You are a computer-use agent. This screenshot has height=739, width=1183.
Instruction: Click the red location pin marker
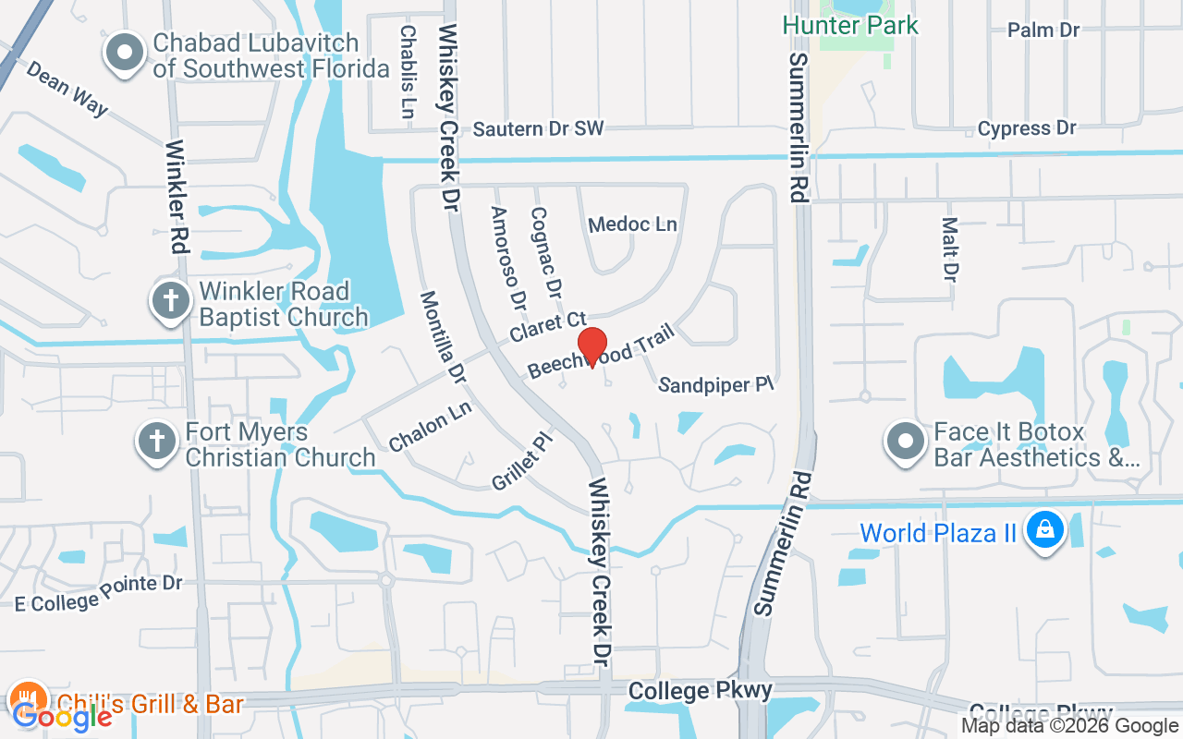591,347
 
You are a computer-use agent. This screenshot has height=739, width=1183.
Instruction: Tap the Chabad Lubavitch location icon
125,55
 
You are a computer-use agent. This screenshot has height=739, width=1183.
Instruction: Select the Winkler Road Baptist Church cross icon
171,303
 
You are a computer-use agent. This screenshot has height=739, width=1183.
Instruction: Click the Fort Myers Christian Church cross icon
157,443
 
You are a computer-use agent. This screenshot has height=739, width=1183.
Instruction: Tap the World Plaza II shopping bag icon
1044,532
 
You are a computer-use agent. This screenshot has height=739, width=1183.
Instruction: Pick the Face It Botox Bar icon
906,443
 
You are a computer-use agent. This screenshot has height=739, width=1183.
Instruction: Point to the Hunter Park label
850,25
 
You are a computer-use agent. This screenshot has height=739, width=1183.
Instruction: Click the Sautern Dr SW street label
538,128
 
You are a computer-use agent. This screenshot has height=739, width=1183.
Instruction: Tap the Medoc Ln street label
632,224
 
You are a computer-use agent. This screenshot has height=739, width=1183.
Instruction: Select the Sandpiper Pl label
715,384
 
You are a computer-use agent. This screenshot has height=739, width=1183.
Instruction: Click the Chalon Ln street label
431,426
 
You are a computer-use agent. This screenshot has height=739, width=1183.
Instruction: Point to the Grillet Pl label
522,462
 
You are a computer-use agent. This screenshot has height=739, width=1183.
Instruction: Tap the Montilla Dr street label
443,337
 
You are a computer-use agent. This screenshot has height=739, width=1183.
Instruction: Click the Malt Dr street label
949,248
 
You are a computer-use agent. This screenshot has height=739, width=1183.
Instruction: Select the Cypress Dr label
1027,128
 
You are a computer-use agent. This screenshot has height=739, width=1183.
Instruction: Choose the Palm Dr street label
1043,30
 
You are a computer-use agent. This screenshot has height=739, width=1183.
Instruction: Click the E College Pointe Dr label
99,590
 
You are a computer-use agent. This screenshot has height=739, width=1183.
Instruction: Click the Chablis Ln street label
407,70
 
